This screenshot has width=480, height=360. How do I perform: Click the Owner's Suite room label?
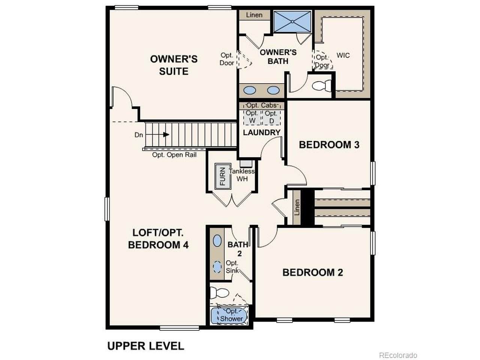click(174, 65)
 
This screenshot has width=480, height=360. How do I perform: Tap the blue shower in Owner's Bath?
click(292, 22)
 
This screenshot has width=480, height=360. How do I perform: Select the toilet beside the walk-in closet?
click(321, 85)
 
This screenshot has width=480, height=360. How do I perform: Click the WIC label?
click(343, 55)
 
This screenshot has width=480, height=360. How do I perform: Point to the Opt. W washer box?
click(252, 117)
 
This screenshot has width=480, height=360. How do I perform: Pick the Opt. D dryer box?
click(271, 117)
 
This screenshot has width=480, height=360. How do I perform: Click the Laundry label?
click(261, 132)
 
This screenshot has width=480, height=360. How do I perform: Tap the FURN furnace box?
click(223, 176)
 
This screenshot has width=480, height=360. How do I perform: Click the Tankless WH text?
click(241, 175)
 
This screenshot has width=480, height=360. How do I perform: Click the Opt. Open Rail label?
click(174, 155)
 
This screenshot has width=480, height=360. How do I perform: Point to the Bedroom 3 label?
click(329, 145)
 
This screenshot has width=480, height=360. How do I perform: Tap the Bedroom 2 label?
click(313, 272)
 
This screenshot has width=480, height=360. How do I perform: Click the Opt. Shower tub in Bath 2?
click(229, 316)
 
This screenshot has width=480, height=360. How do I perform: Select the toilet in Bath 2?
click(219, 292)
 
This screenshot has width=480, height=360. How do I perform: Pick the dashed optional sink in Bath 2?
click(217, 267)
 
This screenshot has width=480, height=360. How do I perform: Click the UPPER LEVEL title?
click(145, 346)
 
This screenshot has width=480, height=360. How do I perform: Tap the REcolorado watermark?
click(398, 355)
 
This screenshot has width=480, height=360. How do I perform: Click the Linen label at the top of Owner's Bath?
click(254, 15)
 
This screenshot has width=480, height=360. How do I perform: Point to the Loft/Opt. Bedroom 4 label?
click(158, 239)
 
